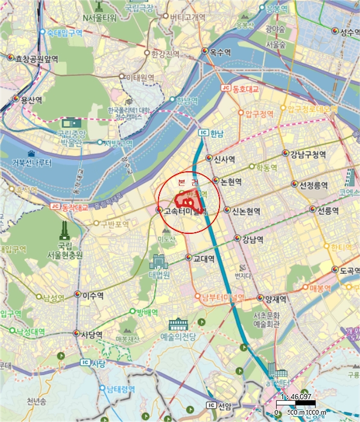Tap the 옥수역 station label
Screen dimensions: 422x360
point(221,52)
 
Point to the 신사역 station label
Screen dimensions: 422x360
point(223,159)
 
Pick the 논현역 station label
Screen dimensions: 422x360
point(231,181)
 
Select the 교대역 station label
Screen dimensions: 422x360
point(204,259)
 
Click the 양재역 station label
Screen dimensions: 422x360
point(273,298)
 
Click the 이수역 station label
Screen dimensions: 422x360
point(93,295)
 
